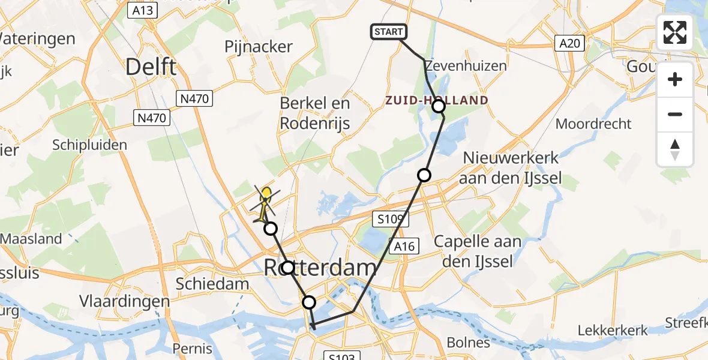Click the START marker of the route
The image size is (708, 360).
pos(389,32)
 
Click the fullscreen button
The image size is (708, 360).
pos(675,32)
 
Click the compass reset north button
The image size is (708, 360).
pos(675,149)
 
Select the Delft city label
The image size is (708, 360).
pos(151,67)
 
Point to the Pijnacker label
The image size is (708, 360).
pos(258,46)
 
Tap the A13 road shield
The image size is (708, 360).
pos(142,10)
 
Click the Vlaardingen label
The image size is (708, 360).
pos(125,301)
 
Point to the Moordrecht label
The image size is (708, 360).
pos(593,124)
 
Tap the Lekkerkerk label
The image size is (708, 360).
pos(613,331)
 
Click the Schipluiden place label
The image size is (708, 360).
pos(90,145)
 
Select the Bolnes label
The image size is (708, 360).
pos(468,342)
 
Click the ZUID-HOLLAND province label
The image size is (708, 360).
pos(437,100)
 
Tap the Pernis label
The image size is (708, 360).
pos(192,349)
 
